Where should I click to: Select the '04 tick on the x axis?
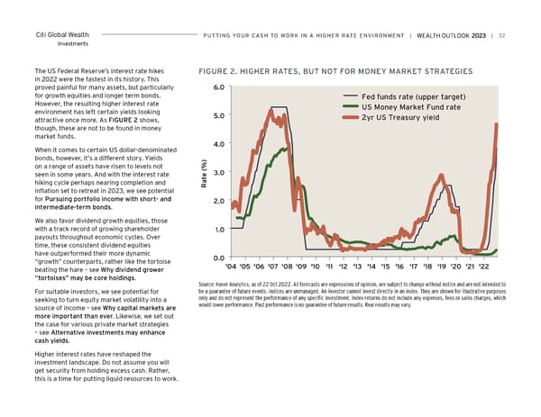coord(232,267)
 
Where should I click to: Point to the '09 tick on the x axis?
coord(302,267)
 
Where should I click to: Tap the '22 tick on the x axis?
coord(484,267)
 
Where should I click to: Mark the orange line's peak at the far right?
coord(496,125)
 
